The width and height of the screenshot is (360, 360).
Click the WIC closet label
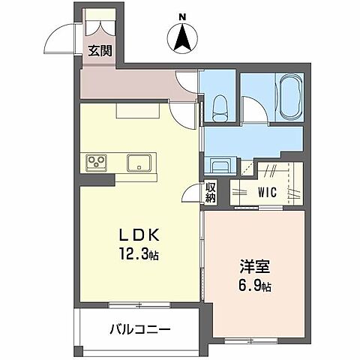(266, 192)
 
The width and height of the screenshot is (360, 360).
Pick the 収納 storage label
(210, 193)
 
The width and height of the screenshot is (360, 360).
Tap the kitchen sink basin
(139, 163)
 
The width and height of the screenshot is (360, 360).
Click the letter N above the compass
(182, 16)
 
